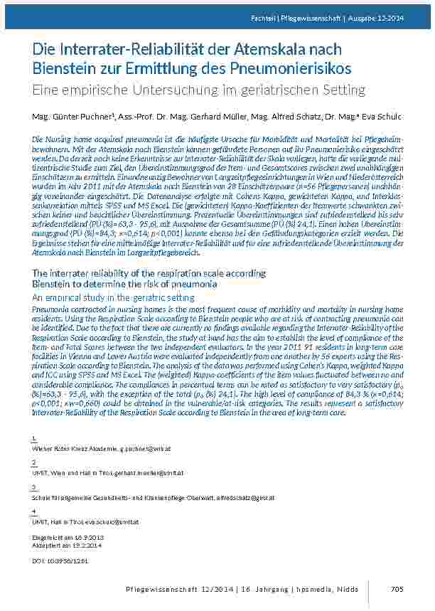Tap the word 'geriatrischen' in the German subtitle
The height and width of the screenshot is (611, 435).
pos(284,90)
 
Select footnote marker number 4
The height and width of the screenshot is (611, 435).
pos(34,511)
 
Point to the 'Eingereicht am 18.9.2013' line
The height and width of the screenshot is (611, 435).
pos(64,537)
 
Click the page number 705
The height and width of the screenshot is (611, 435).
pos(397,588)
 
